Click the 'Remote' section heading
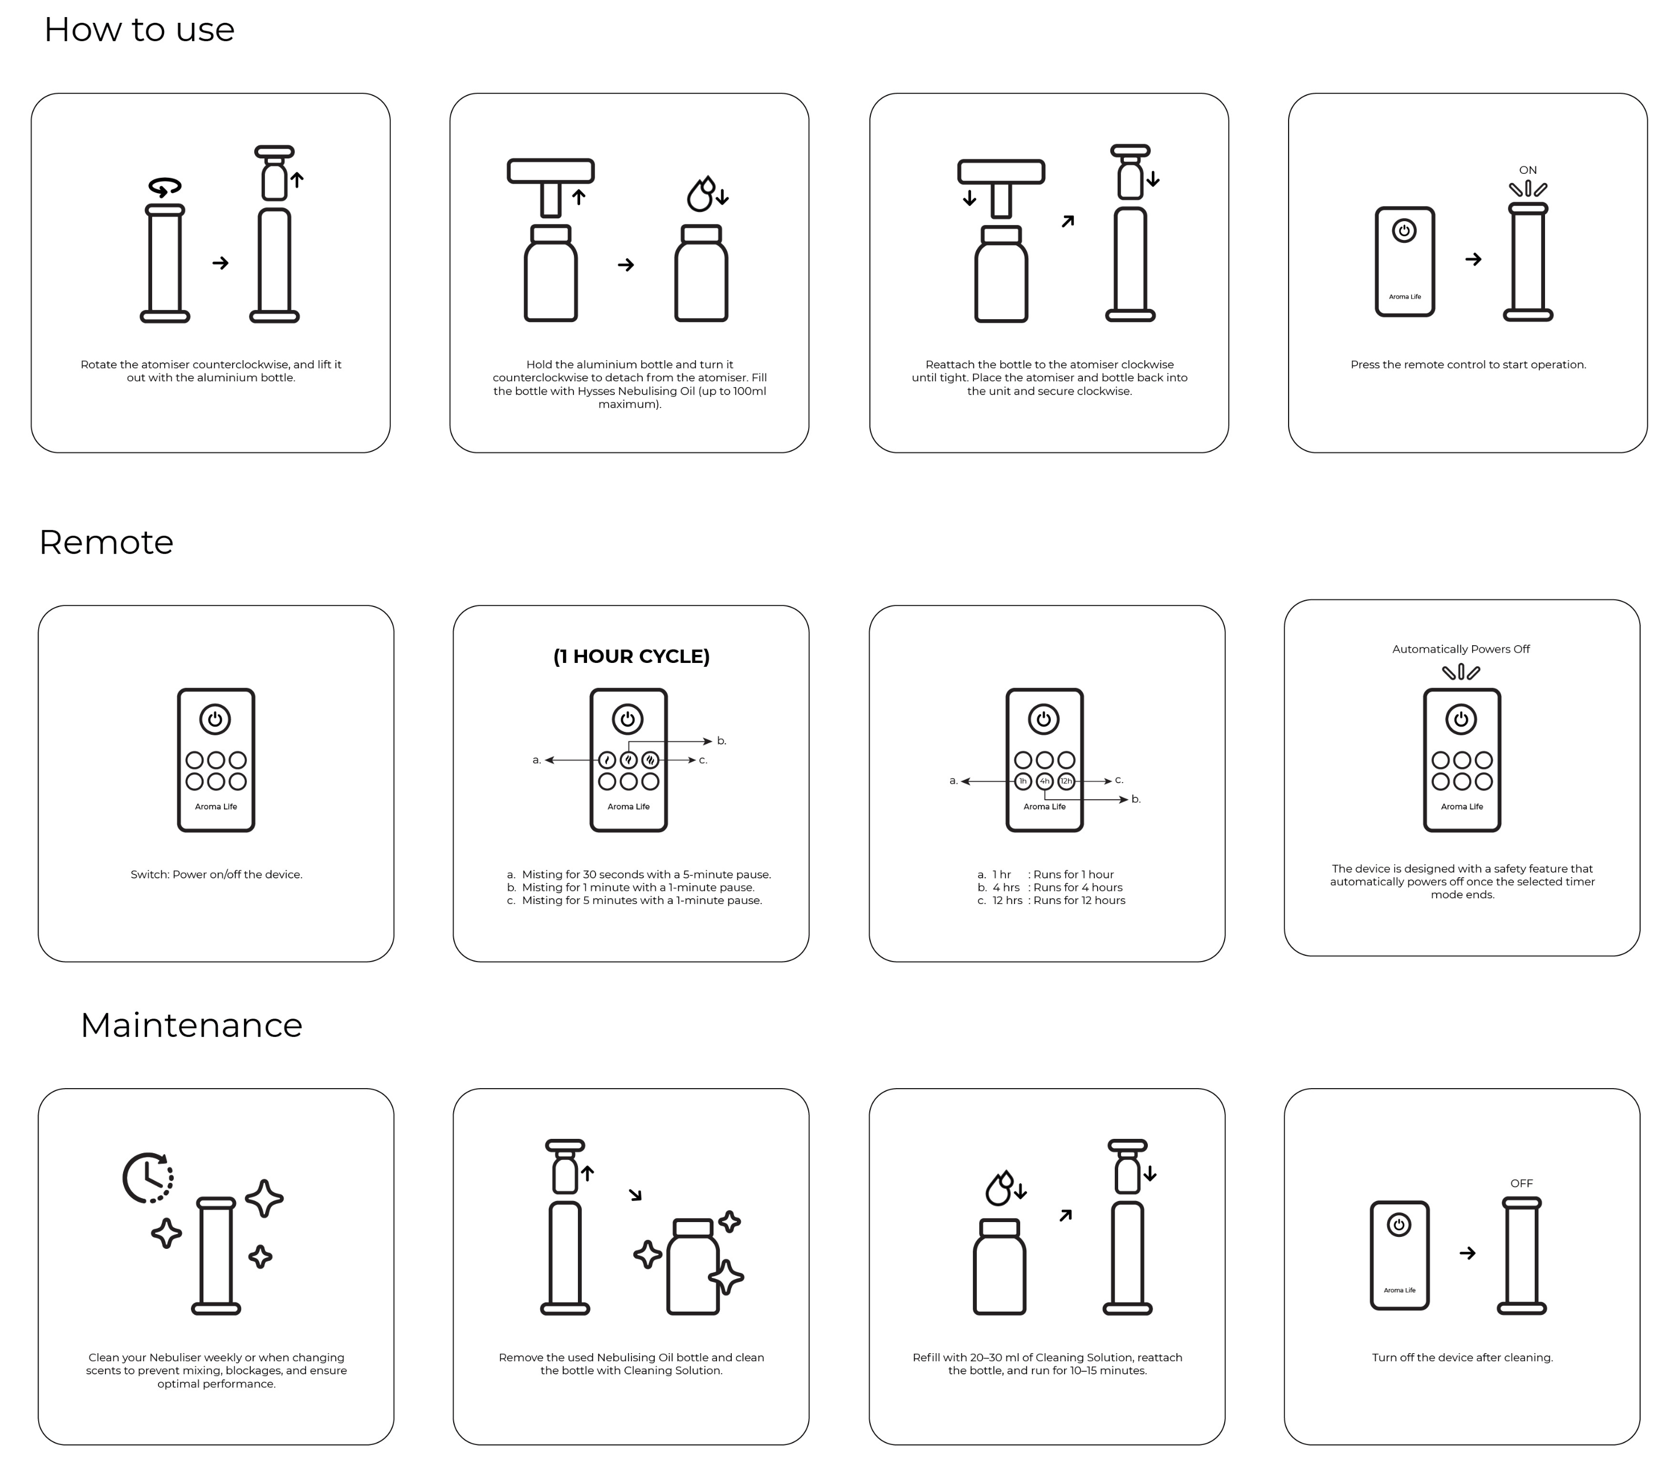point(106,543)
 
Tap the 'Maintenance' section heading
point(191,1025)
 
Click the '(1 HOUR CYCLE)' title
point(631,657)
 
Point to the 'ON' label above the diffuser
point(1527,170)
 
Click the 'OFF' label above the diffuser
point(1521,1183)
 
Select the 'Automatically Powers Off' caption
point(1461,649)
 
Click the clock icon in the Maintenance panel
point(148,1178)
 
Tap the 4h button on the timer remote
point(1045,781)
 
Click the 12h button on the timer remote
point(1066,781)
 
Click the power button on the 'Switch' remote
point(215,719)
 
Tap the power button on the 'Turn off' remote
point(1399,1225)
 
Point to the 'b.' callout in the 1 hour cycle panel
point(722,742)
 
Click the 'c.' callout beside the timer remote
point(1119,780)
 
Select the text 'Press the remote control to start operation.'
point(1468,365)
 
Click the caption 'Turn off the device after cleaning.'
point(1462,1357)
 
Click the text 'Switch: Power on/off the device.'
point(216,874)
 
